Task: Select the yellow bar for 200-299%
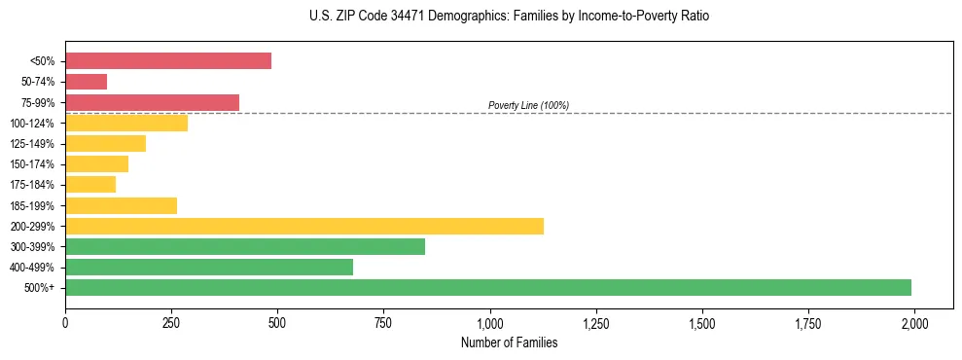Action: pyautogui.click(x=304, y=226)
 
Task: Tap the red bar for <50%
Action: pyautogui.click(x=168, y=60)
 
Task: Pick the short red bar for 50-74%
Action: pyautogui.click(x=86, y=82)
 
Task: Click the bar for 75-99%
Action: pyautogui.click(x=152, y=102)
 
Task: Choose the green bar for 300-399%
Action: pyautogui.click(x=245, y=246)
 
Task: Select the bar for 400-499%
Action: pyautogui.click(x=209, y=267)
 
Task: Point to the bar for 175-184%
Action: pyautogui.click(x=90, y=184)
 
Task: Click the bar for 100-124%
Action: pyautogui.click(x=126, y=123)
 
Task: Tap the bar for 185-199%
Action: pyautogui.click(x=121, y=205)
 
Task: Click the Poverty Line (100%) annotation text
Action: pyautogui.click(x=528, y=105)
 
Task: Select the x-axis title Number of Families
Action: pyautogui.click(x=509, y=342)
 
